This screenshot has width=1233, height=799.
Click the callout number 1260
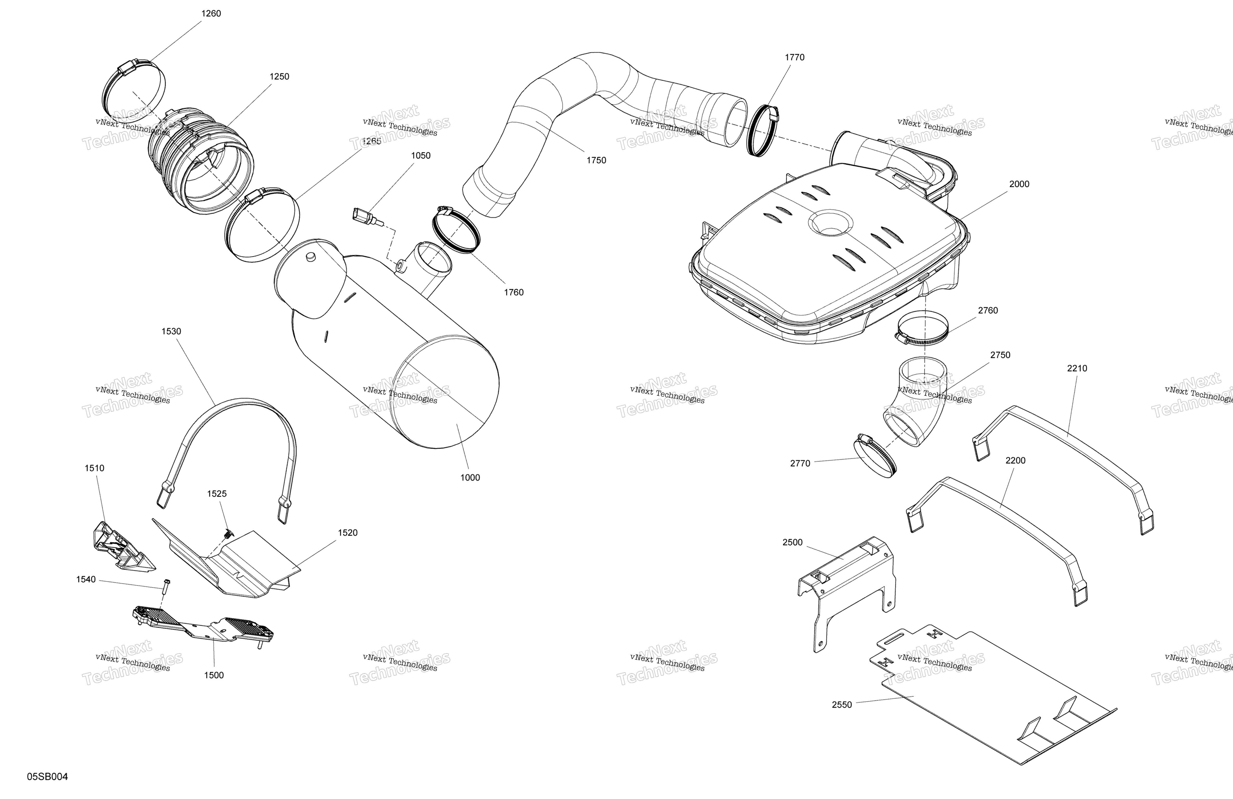click(x=211, y=14)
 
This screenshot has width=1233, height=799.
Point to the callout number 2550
click(x=841, y=705)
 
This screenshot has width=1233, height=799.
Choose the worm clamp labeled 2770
click(x=876, y=456)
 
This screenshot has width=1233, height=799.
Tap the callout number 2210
click(x=1077, y=369)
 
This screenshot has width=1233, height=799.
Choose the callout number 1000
click(x=470, y=477)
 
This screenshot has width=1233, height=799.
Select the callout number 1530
click(x=171, y=332)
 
